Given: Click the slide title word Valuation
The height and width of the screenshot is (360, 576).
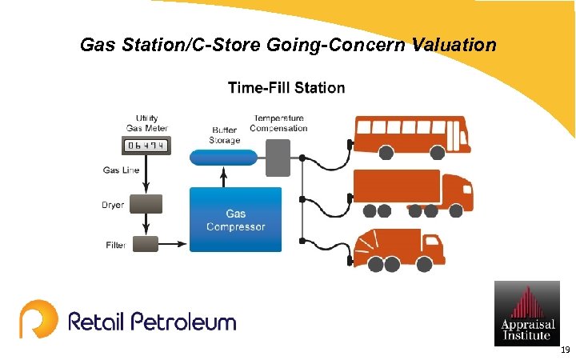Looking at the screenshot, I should tap(454, 46).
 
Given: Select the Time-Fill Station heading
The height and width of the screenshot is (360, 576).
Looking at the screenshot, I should tap(286, 88).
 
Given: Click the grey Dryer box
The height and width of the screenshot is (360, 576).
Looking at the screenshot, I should tap(146, 204).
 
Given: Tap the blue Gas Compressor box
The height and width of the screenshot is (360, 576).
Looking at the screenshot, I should tap(235, 220).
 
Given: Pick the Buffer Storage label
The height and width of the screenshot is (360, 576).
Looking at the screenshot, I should tap(225, 135).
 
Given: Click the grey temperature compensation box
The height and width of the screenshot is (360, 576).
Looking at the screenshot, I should tap(278, 157).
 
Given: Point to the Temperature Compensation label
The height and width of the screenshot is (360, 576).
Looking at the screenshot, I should tap(278, 123).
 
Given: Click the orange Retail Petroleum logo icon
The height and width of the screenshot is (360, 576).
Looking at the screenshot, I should tap(38, 319).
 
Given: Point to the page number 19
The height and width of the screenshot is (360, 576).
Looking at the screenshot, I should tap(565, 350).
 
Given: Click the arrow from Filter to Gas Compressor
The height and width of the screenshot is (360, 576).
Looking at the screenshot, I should tap(174, 242).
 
